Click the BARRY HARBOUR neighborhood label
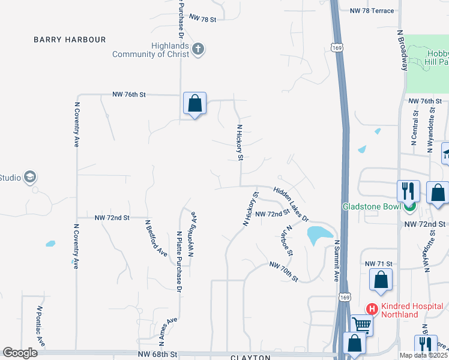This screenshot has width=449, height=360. pyautogui.click(x=70, y=40)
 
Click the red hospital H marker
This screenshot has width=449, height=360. pyautogui.click(x=372, y=310)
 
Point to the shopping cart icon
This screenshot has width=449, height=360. pyautogui.click(x=361, y=325)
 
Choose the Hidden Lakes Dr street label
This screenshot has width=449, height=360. pyautogui.click(x=291, y=204)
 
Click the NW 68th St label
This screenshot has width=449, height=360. pyautogui.click(x=158, y=355)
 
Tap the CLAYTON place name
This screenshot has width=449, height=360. pyautogui.click(x=251, y=358)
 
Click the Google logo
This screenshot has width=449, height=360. pyautogui.click(x=20, y=353)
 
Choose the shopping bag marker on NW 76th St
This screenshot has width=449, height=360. pyautogui.click(x=194, y=104)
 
